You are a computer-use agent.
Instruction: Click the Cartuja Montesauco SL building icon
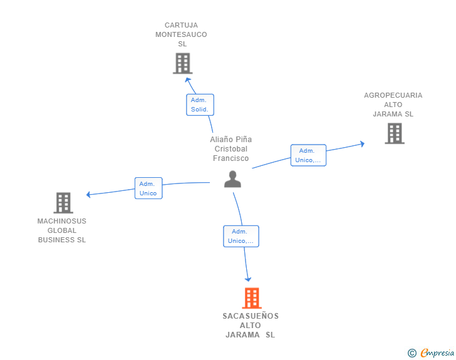pyautogui.click(x=182, y=63)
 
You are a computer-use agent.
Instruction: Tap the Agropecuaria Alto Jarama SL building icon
pyautogui.click(x=394, y=133)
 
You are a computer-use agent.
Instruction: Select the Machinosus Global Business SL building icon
pyautogui.click(x=63, y=203)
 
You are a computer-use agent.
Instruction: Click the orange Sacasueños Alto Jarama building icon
pyautogui.click(x=251, y=298)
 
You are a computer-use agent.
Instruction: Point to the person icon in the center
pyautogui.click(x=232, y=180)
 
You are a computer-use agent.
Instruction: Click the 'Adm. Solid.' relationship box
pyautogui.click(x=200, y=105)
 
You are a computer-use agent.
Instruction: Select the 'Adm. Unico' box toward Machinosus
pyautogui.click(x=148, y=188)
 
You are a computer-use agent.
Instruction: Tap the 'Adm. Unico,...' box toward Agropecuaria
pyautogui.click(x=308, y=155)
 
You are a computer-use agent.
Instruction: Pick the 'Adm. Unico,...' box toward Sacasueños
pyautogui.click(x=241, y=236)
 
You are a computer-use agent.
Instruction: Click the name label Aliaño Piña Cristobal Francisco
pyautogui.click(x=231, y=149)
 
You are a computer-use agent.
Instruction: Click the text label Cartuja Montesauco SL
pyautogui.click(x=182, y=35)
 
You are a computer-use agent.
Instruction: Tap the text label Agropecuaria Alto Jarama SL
pyautogui.click(x=393, y=105)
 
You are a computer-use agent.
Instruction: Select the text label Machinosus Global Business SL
pyautogui.click(x=62, y=230)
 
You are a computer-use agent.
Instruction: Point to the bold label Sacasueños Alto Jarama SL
pyautogui.click(x=251, y=326)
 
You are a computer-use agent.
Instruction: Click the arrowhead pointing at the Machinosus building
pyautogui.click(x=89, y=195)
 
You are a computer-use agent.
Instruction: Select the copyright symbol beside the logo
pyautogui.click(x=412, y=353)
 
